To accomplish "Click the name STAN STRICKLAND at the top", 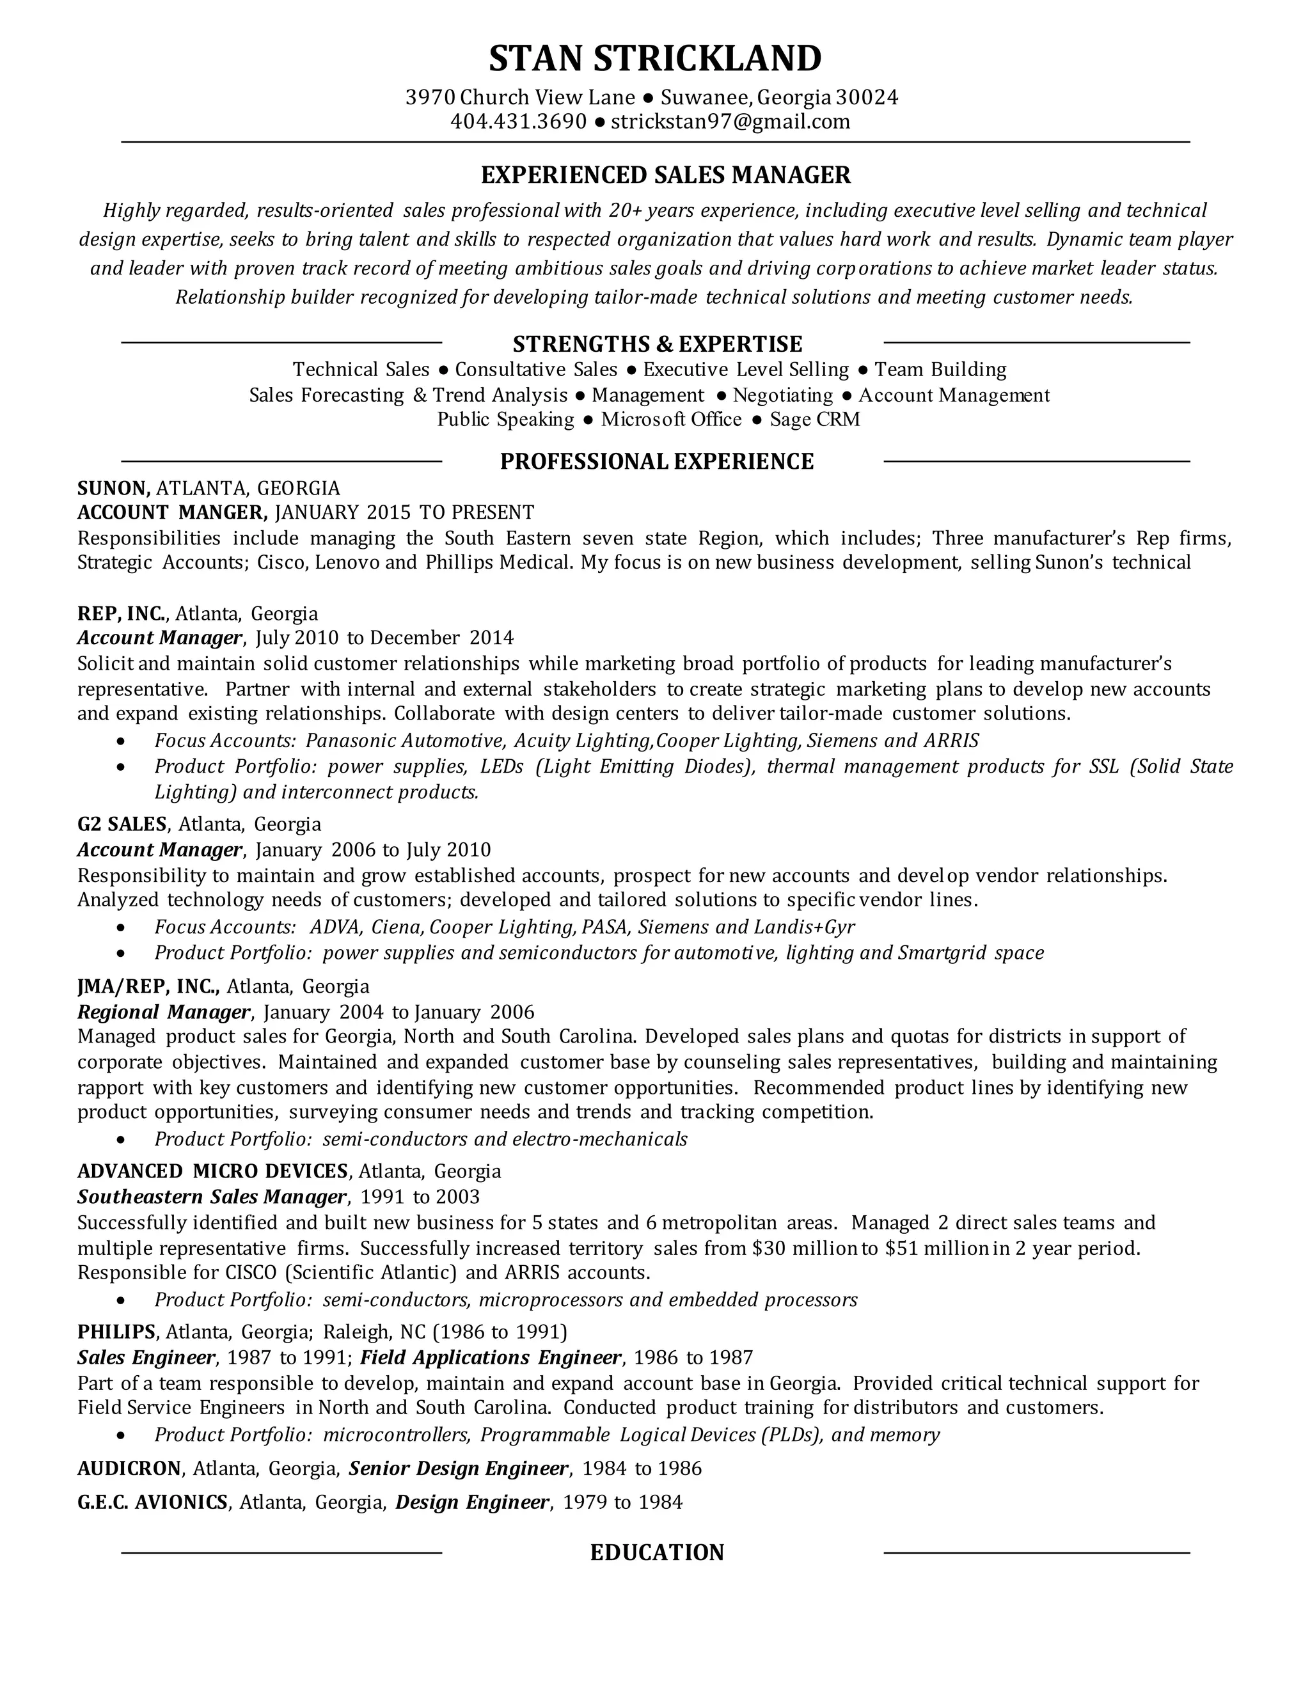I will (x=655, y=58).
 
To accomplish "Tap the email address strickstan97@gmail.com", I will (x=730, y=122).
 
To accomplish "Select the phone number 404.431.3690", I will (x=518, y=122).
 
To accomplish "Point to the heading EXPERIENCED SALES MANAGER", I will (x=666, y=175).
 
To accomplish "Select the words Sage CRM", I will (x=815, y=420).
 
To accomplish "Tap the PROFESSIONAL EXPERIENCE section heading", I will (x=656, y=462).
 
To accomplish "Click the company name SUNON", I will (x=113, y=488).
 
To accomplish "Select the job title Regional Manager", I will (x=164, y=1012).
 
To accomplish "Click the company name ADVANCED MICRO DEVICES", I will (x=212, y=1171).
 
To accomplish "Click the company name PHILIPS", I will (x=116, y=1332).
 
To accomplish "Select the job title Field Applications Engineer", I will (x=491, y=1357).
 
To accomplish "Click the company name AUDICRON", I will (x=129, y=1469).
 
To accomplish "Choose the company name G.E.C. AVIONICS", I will (x=153, y=1502).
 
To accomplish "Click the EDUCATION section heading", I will (x=656, y=1552).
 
